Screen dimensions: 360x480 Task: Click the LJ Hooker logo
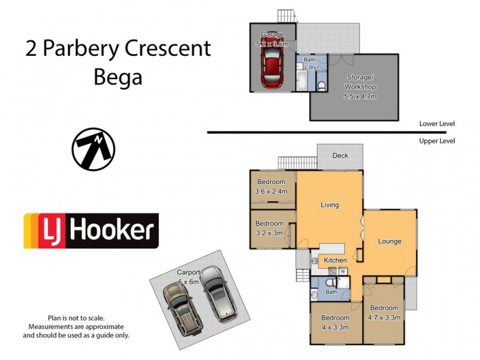(x=91, y=230)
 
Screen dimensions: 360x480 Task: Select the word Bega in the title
(x=118, y=77)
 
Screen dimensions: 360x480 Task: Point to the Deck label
(x=340, y=155)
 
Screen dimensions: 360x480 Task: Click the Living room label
(x=329, y=205)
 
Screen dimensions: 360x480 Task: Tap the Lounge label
(x=389, y=241)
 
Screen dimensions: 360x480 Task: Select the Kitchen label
(x=335, y=260)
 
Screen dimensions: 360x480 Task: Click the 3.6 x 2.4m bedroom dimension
(x=271, y=191)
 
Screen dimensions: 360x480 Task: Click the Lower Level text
(x=437, y=124)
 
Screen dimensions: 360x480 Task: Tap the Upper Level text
(x=437, y=141)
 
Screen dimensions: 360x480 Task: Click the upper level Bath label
(x=331, y=292)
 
